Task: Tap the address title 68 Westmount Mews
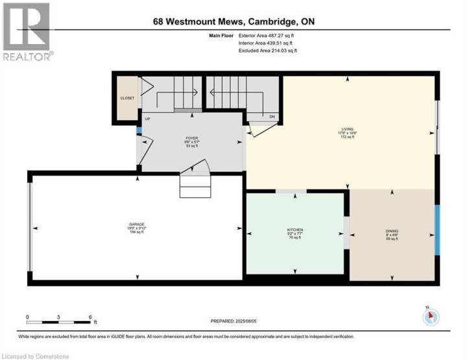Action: [233, 22]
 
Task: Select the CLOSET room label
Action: [127, 98]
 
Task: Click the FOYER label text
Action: [191, 138]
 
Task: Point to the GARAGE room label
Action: [136, 224]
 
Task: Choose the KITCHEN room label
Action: [295, 230]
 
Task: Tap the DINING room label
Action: [392, 231]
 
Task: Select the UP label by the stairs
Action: [148, 119]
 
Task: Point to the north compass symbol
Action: [431, 316]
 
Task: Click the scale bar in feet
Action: [59, 320]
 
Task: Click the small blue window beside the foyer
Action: [138, 130]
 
